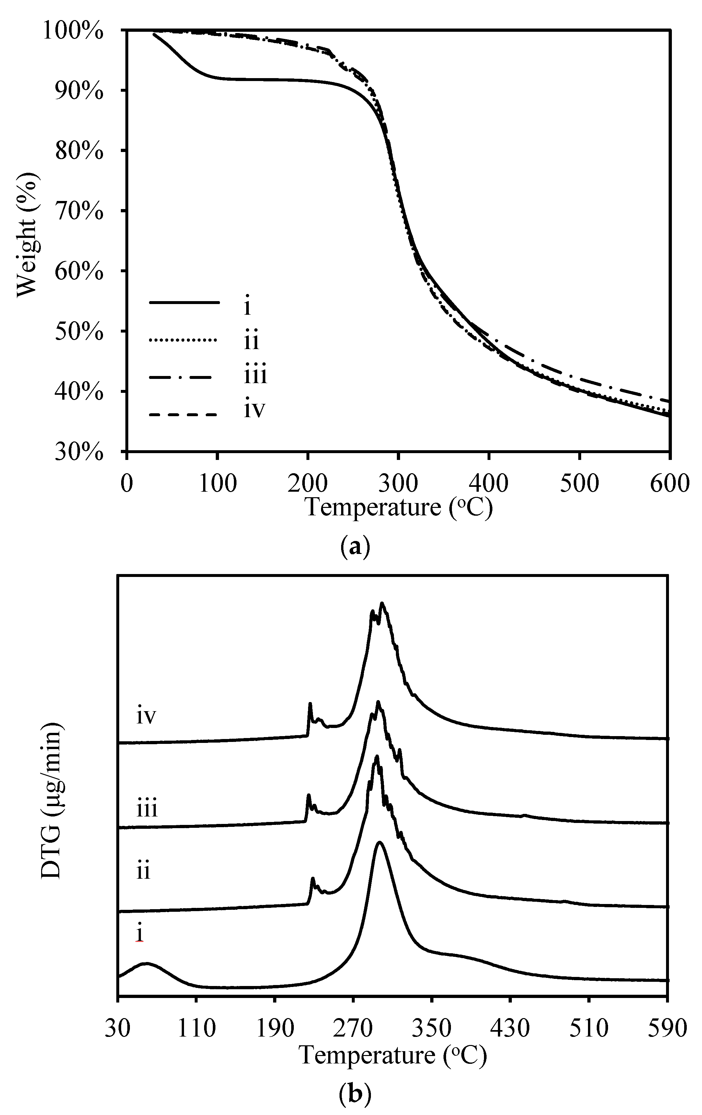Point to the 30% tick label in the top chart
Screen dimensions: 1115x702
pos(79,452)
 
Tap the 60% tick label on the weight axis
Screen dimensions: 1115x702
pos(79,271)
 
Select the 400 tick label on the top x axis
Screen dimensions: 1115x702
pos(489,483)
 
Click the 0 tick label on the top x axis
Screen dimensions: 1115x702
pos(126,483)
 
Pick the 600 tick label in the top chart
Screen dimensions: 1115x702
pos(669,483)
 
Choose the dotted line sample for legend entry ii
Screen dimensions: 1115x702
pos(184,341)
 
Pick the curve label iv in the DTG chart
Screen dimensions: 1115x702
pos(146,716)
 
